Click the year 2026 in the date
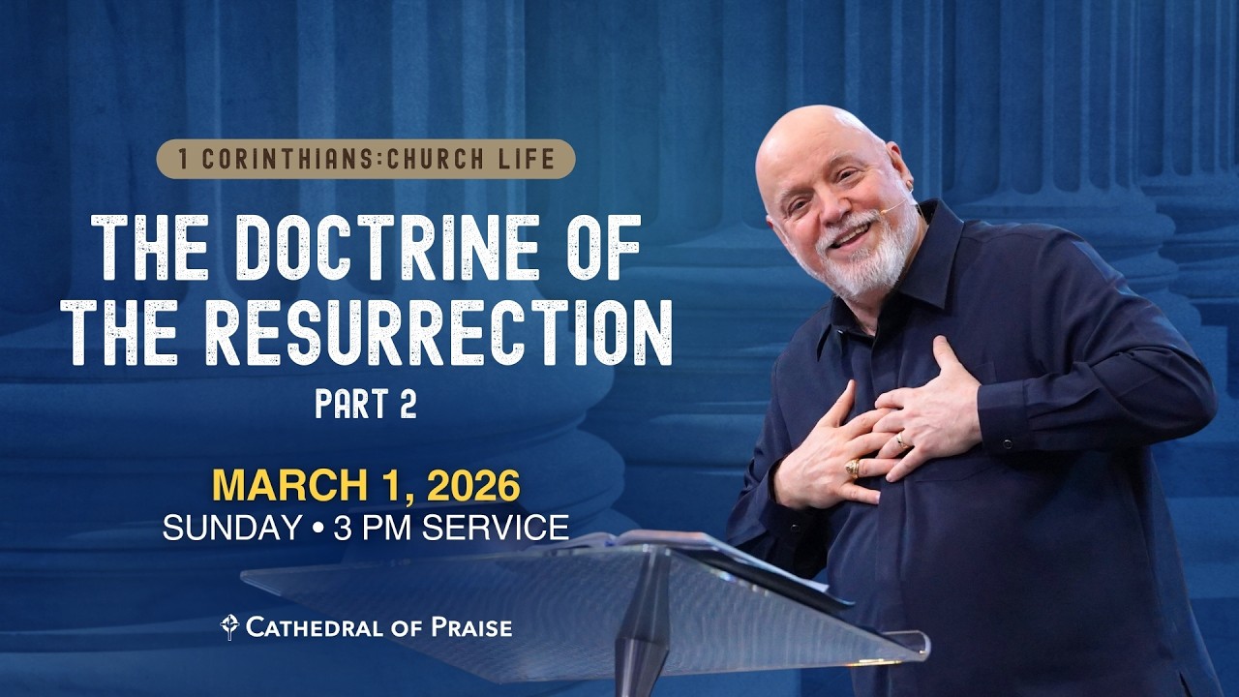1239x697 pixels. [472, 485]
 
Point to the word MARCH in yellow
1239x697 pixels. [279, 485]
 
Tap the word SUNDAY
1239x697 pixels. [232, 528]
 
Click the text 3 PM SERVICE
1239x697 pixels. [451, 528]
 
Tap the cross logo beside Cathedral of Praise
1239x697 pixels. [229, 627]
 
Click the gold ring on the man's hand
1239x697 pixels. [853, 469]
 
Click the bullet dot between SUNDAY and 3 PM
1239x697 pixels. [317, 529]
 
